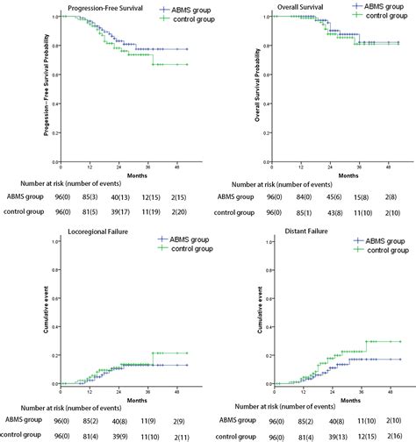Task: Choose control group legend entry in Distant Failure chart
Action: coord(380,249)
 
